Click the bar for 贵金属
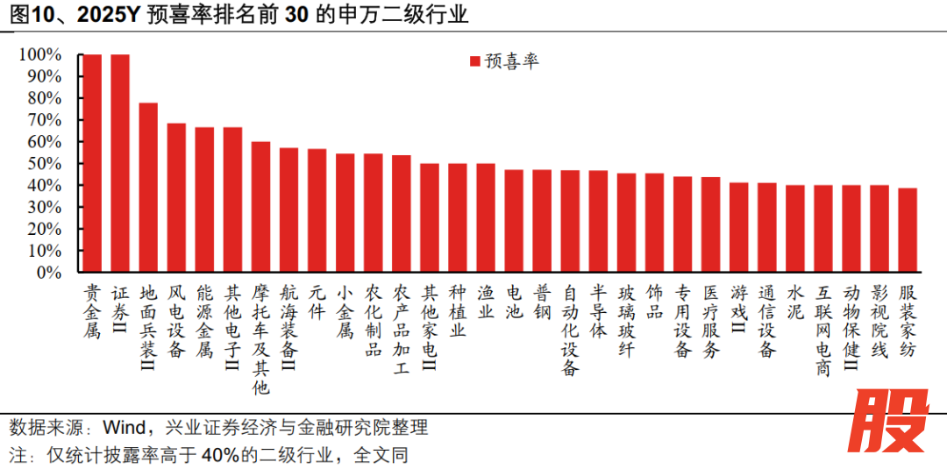click(92, 164)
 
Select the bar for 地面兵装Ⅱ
click(148, 188)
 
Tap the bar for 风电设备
click(176, 198)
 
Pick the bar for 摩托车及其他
click(260, 207)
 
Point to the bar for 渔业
click(486, 218)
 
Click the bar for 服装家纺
click(908, 231)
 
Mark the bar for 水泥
click(795, 229)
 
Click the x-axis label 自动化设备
click(570, 330)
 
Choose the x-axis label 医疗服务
click(710, 321)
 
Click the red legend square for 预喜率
click(474, 61)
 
